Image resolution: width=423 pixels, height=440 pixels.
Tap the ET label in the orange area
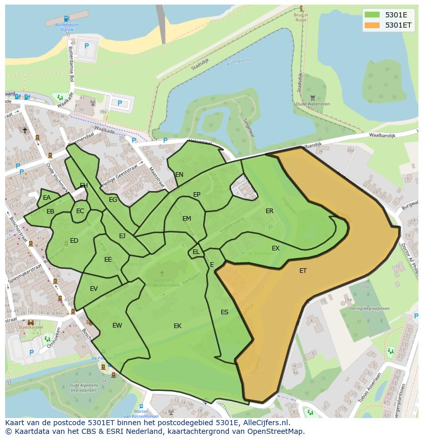(303, 271)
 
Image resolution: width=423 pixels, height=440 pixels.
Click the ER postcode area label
(269, 211)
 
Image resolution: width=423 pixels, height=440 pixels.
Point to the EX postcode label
(275, 248)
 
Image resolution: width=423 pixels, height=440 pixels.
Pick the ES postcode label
(224, 312)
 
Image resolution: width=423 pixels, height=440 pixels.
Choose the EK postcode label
(177, 326)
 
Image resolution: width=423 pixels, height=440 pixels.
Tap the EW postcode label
(117, 326)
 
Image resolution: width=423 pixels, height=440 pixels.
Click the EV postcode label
(93, 289)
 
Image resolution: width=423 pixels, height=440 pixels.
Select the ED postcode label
(74, 241)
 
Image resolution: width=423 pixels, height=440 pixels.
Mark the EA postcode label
(46, 198)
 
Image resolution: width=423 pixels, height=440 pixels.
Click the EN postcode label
(179, 175)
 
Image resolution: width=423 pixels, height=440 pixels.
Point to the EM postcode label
(186, 219)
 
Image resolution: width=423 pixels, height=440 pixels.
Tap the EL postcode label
(196, 252)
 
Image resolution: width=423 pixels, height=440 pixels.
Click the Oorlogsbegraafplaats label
(369, 309)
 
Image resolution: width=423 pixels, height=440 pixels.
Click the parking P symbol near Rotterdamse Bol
(86, 46)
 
